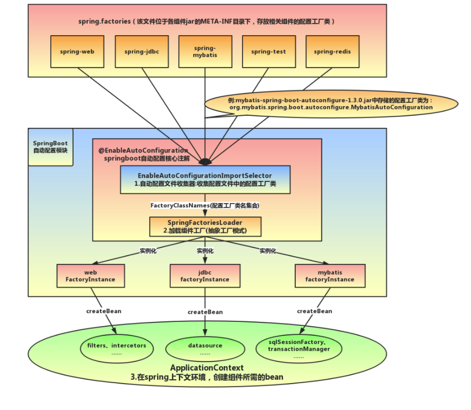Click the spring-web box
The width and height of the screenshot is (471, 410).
77,52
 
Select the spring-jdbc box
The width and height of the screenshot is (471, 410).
142,52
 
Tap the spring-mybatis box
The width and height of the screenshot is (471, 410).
205,52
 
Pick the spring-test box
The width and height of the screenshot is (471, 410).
268,52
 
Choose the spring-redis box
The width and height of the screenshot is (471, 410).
332,52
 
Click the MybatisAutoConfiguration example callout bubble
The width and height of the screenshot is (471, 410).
331,104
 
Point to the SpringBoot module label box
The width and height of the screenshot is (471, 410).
51,147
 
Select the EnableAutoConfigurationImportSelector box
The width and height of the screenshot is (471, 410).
205,180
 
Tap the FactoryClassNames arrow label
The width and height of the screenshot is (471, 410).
205,205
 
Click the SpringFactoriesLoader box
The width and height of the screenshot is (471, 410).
205,227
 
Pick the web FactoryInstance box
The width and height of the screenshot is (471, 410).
90,276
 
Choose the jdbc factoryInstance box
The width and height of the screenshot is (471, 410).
205,276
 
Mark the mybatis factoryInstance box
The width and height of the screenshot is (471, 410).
330,276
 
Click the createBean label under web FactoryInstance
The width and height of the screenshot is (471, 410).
104,311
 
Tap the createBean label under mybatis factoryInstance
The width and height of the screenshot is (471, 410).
314,311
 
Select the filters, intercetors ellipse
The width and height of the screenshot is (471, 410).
117,349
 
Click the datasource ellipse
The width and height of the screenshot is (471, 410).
205,349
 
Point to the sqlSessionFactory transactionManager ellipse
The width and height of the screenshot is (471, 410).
299,349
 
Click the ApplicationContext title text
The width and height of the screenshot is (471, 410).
207,368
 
